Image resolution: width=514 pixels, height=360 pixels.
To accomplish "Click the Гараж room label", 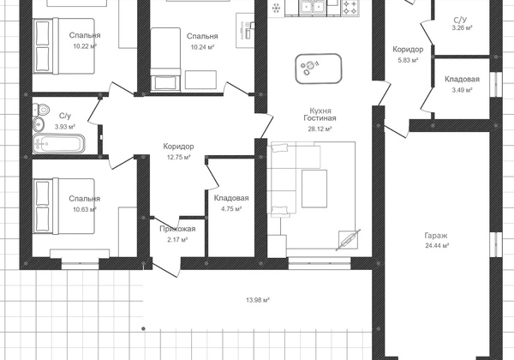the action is [436, 236].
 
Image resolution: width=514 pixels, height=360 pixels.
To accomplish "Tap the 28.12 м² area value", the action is [320, 129].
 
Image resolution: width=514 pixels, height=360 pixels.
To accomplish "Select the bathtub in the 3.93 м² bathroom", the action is [58, 144].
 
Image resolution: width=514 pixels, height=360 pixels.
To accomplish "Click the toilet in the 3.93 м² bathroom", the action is [41, 109].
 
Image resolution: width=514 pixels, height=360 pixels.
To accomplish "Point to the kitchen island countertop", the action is [319, 69].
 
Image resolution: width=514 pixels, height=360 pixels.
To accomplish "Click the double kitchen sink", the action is [312, 7].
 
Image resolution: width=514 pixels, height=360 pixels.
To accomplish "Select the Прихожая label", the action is [177, 229].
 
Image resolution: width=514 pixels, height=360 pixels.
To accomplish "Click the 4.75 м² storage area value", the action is [231, 209].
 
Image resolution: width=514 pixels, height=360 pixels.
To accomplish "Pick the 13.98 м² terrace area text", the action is [258, 300].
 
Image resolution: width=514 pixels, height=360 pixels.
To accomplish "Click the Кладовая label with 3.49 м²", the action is [462, 79].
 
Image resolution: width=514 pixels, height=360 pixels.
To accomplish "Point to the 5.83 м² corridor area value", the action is [408, 60].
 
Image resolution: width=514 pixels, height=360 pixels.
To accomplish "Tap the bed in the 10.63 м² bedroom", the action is [64, 206].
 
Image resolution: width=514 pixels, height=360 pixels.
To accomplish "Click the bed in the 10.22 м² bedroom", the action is [64, 45].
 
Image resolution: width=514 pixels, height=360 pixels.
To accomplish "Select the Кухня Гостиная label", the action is [320, 114].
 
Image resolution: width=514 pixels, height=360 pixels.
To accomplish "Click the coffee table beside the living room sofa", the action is [314, 189].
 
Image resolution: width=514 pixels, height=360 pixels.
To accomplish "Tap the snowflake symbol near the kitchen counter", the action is [277, 8].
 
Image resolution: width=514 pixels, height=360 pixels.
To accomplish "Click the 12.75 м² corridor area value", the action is [179, 158].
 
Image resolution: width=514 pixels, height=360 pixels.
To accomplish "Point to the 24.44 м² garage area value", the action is [437, 246].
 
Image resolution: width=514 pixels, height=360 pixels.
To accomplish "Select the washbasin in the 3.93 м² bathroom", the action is [39, 123].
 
